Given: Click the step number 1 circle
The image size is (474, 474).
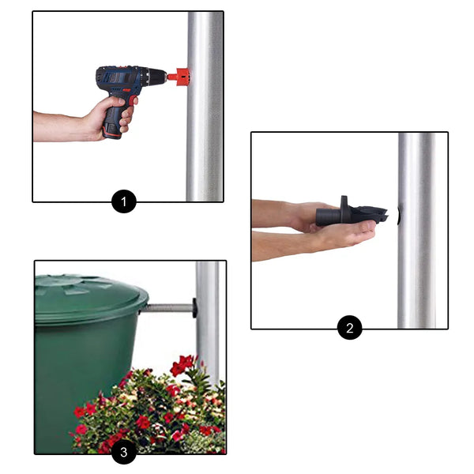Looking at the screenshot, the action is pos(124,201).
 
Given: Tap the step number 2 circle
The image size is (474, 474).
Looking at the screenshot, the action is pos(349,327).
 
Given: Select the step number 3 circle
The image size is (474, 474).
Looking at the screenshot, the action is pos(124,452).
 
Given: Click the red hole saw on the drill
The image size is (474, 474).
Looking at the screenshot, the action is pos(179,77).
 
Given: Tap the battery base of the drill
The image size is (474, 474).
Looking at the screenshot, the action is pos(112,132).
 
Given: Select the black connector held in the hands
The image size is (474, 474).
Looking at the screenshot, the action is pos(351,213).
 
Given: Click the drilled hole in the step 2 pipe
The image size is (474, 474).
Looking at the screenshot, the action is pos(399,216).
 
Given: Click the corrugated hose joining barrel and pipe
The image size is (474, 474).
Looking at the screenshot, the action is pos(166,309).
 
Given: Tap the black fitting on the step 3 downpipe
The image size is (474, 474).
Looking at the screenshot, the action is pos(194,308).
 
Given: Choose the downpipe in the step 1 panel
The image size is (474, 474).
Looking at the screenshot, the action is pos(205,107).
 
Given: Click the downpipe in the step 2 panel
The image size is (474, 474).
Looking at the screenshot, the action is pos(417,231).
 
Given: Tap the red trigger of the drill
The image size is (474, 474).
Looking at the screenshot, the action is pos(132,100).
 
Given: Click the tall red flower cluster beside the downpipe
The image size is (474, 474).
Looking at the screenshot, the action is pos(182,365).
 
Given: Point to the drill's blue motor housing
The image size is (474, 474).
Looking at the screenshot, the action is pos(121,78).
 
